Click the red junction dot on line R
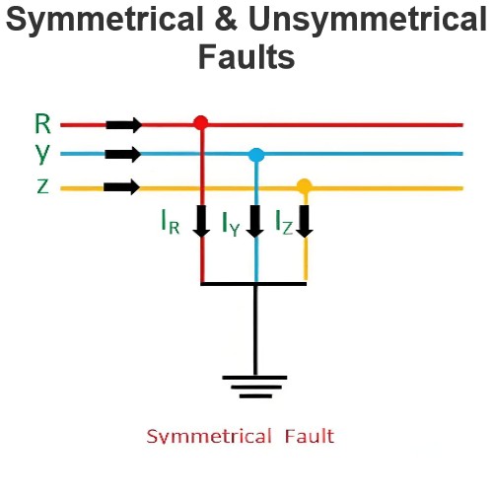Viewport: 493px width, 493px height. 200,123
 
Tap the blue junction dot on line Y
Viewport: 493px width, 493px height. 256,155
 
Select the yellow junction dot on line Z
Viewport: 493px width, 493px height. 305,186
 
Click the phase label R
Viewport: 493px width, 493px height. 42,123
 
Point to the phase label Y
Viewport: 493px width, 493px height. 42,153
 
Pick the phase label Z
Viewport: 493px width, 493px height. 43,186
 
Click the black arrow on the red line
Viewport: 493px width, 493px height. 124,125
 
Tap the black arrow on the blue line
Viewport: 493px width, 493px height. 123,154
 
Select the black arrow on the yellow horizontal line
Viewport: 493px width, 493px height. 121,187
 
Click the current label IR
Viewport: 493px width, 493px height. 171,222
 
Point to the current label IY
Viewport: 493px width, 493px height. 231,224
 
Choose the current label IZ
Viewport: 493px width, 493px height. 284,222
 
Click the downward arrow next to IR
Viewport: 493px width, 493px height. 201,221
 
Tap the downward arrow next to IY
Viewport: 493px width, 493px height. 255,221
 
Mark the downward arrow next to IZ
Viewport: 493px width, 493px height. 305,221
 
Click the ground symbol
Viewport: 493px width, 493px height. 254,387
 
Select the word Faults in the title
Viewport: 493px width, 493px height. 246,56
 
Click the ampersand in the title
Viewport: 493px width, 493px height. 226,18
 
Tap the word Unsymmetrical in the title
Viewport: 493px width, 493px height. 368,20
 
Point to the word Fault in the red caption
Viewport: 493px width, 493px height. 310,436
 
